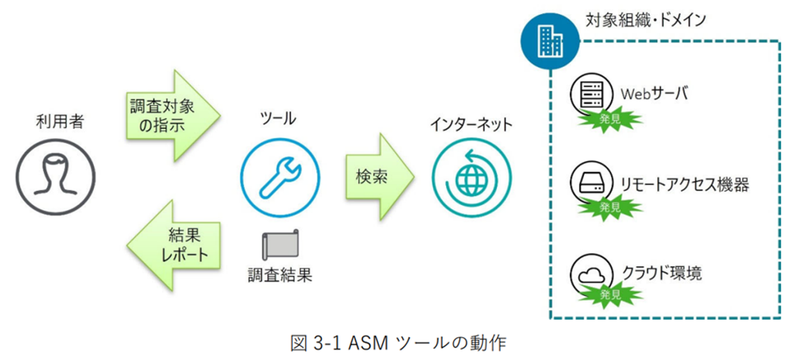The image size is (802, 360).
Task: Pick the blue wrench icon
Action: (x=280, y=179)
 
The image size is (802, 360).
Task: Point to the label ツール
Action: (x=279, y=119)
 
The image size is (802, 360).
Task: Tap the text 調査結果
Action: (x=279, y=276)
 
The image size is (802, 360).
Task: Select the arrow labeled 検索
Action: (x=379, y=177)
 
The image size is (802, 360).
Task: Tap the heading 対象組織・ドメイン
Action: (x=646, y=20)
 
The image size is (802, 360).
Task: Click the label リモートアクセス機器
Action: (x=685, y=185)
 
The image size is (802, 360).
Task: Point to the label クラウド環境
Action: (x=662, y=273)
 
